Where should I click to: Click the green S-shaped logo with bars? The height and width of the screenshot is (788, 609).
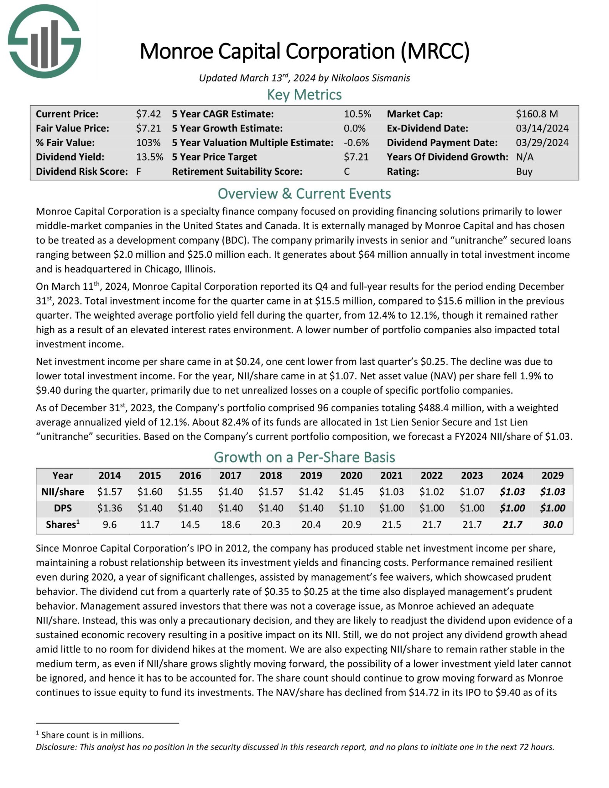[x=44, y=41]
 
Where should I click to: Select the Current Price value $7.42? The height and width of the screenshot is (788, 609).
[x=148, y=114]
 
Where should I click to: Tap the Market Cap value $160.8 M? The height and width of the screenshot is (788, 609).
[x=537, y=114]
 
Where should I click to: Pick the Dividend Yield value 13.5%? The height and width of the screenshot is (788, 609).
[x=149, y=157]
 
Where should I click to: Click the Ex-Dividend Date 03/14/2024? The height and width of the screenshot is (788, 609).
[x=542, y=128]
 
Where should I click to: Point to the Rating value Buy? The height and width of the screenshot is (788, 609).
[x=524, y=172]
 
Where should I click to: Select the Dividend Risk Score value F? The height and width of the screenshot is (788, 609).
[x=138, y=172]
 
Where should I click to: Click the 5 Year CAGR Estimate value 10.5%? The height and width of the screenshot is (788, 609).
[x=357, y=114]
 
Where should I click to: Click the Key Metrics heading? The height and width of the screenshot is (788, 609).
[x=304, y=95]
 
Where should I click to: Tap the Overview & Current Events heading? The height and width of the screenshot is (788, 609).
[x=304, y=194]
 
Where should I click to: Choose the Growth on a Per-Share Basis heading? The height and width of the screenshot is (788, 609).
[x=304, y=457]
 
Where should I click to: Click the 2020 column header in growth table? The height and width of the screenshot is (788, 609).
[x=351, y=476]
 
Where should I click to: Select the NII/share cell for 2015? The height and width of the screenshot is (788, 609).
[x=150, y=492]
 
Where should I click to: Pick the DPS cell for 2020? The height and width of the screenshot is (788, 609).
[x=351, y=508]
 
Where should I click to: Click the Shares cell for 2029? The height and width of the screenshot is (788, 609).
[x=552, y=525]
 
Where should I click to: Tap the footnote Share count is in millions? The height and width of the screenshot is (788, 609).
[x=92, y=735]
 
